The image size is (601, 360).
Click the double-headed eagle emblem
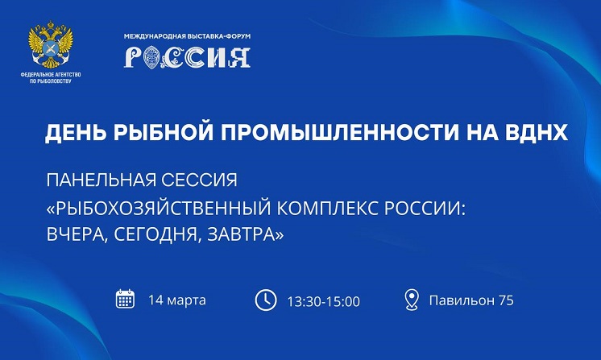coord(50,45)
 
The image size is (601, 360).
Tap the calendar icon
coord(125,299)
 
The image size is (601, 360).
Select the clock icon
coord(266,300)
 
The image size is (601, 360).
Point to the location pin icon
coord(412,300)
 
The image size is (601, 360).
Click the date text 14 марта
coord(177,300)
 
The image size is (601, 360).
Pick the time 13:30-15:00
coord(324,301)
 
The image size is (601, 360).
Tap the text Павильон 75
coord(471,300)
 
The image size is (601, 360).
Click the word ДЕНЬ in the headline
coord(76,133)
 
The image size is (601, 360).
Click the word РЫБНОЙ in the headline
coord(164,133)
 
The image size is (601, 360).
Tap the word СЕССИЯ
coord(199,180)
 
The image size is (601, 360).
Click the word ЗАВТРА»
coord(245,234)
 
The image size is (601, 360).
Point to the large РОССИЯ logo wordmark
coord(187,57)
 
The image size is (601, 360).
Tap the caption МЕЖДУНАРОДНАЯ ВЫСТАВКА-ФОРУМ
coord(187,36)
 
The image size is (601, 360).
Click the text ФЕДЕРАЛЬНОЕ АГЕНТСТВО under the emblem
coord(51,75)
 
